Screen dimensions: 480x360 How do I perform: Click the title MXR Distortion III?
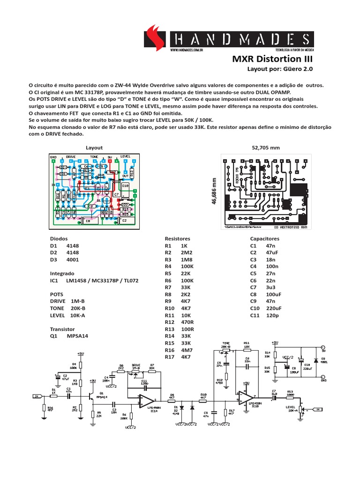pos(271,60)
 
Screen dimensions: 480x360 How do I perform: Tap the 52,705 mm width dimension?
pos(266,148)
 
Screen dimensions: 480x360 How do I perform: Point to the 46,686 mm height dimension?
pos(215,192)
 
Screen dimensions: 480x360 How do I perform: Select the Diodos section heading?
pos(59,238)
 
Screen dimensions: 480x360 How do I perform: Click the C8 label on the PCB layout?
pos(88,221)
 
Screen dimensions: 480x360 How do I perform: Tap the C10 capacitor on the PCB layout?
pos(125,186)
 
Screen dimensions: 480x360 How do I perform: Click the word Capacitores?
pos(265,238)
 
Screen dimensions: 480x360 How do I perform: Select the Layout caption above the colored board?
pos(94,147)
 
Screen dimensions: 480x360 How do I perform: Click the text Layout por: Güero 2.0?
pos(279,69)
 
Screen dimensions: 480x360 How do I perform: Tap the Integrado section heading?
pos(63,272)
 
